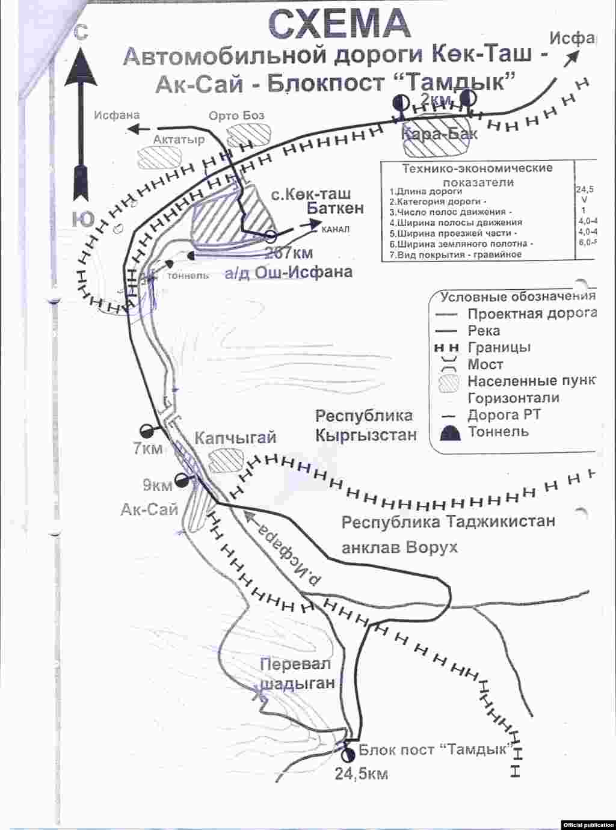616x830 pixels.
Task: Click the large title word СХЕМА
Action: tap(339, 24)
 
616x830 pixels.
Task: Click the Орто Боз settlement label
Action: tap(236, 115)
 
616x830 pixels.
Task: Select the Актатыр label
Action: tap(179, 140)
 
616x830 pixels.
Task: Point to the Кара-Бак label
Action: tap(440, 134)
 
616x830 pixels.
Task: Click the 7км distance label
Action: tap(149, 448)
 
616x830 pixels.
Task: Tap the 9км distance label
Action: tap(158, 485)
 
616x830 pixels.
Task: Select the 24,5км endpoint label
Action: tap(361, 774)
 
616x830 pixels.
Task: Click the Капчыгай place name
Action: tap(235, 438)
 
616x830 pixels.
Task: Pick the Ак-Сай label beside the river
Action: tap(150, 509)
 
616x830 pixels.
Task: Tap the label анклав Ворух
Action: tap(399, 547)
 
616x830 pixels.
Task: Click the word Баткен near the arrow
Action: tap(335, 208)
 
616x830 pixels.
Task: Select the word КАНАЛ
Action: tap(335, 229)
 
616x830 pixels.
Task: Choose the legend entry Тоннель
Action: tap(498, 431)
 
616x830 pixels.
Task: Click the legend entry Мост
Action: tap(485, 364)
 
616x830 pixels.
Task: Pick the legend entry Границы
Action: tap(499, 347)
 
